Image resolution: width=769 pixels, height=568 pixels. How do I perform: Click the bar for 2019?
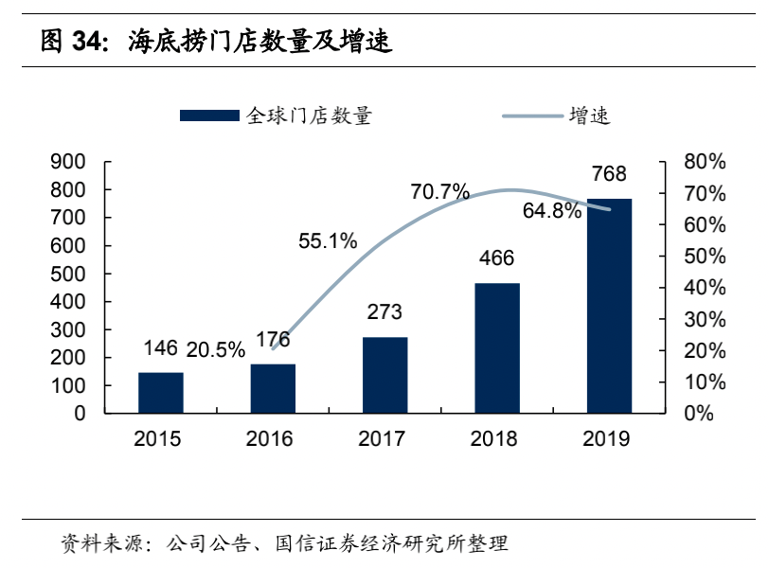point(609,306)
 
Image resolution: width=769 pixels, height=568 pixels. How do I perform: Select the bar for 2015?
point(161,393)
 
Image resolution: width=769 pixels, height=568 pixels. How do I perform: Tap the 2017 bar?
point(384,375)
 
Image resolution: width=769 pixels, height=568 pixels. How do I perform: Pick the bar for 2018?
point(497,348)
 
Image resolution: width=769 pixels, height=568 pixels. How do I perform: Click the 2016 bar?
point(273,388)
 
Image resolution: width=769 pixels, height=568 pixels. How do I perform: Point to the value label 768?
point(609,174)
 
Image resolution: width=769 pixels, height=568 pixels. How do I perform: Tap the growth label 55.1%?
point(328,241)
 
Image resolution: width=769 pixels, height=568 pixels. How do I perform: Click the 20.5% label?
point(215,349)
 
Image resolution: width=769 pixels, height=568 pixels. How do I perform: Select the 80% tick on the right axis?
point(705,162)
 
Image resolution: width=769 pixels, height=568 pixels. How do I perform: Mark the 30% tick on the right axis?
point(705,319)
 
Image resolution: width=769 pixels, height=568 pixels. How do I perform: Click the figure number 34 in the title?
point(89,42)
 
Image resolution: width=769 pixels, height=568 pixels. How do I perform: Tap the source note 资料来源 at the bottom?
point(100,543)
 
